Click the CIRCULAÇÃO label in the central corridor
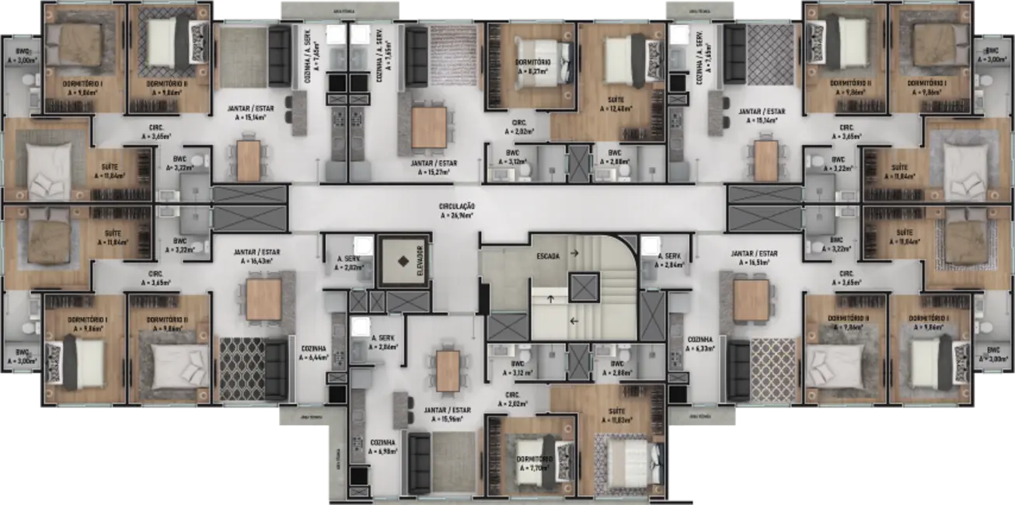click(455, 207)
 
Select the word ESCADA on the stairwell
click(548, 256)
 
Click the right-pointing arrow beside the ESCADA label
click(574, 253)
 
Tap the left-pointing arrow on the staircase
click(574, 320)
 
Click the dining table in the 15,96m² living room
click(449, 371)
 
